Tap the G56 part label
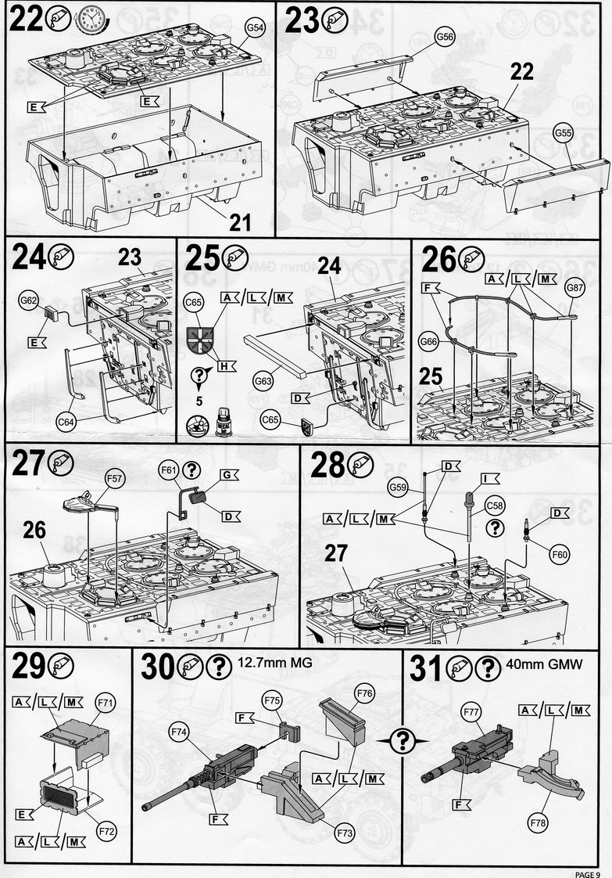tap(445, 37)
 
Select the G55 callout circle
tap(564, 133)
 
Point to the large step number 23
tap(303, 21)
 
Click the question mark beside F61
tap(197, 470)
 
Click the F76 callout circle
tap(364, 693)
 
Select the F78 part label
tap(537, 823)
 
